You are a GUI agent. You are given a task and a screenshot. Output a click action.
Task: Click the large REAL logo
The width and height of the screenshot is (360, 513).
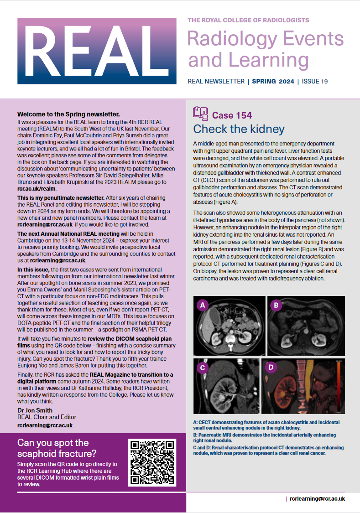pyautogui.click(x=97, y=51)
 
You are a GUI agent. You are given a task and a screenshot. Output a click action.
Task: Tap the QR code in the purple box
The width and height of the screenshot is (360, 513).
pyautogui.click(x=152, y=462)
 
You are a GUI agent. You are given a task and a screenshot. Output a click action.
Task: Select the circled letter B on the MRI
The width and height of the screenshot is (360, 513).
pyautogui.click(x=275, y=306)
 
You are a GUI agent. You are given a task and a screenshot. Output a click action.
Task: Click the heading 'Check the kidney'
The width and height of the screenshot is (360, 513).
pyautogui.click(x=239, y=129)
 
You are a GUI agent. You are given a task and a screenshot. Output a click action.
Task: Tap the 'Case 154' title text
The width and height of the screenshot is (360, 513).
pyautogui.click(x=232, y=115)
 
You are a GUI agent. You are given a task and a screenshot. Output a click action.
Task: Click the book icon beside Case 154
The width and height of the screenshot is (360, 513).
pyautogui.click(x=200, y=113)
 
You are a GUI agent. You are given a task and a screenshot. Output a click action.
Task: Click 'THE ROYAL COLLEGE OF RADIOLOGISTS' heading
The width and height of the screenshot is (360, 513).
pyautogui.click(x=248, y=20)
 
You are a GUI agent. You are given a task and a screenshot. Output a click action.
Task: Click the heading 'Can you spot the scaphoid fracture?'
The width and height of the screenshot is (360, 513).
pyautogui.click(x=57, y=448)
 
